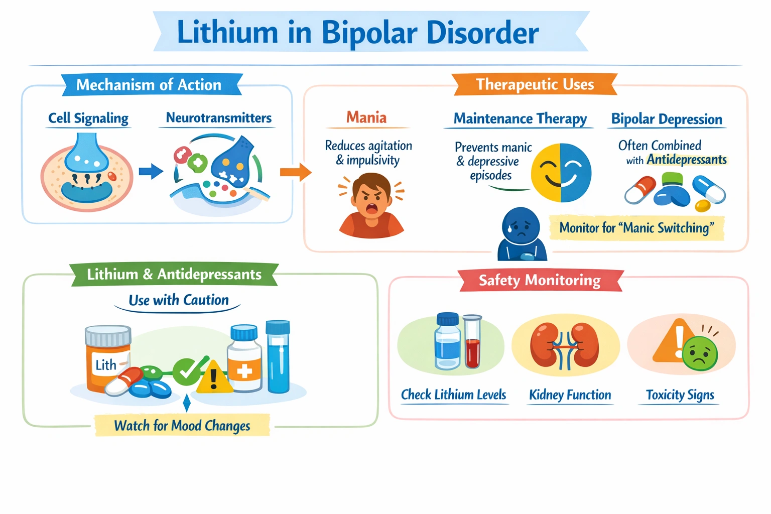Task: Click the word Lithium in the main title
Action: tap(227, 33)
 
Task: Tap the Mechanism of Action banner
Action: tap(149, 85)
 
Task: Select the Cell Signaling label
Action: tap(88, 118)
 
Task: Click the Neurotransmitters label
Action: tap(218, 118)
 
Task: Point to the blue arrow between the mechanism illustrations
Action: tap(151, 172)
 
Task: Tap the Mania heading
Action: tap(366, 117)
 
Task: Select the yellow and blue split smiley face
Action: tap(561, 173)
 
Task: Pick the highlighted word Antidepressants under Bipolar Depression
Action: tap(687, 160)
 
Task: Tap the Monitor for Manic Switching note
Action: tap(636, 228)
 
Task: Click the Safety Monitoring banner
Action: tap(540, 280)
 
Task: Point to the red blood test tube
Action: tap(472, 344)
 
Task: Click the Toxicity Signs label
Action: tap(680, 395)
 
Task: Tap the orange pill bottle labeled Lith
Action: tap(107, 357)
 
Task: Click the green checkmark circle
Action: tap(187, 371)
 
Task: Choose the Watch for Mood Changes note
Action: tap(182, 426)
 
